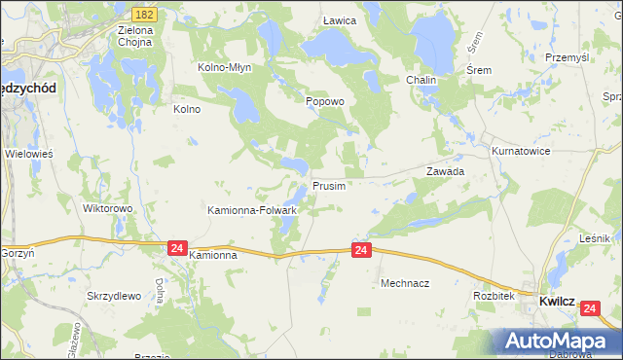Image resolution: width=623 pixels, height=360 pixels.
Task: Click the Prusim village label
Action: pyautogui.click(x=328, y=185)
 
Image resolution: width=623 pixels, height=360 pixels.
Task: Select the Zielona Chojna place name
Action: pyautogui.click(x=137, y=36)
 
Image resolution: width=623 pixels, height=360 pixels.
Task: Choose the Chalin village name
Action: pyautogui.click(x=421, y=80)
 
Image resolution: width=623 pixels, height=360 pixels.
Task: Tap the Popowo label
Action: pyautogui.click(x=325, y=100)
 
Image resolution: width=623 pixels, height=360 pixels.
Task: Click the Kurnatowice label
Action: pyautogui.click(x=521, y=152)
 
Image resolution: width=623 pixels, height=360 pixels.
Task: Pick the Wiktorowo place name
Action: pyautogui.click(x=107, y=208)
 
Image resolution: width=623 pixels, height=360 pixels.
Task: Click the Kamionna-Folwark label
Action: pyautogui.click(x=252, y=209)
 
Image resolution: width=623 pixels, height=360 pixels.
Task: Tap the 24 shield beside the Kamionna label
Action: pyautogui.click(x=176, y=249)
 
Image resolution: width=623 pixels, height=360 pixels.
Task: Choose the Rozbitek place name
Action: pyautogui.click(x=493, y=295)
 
